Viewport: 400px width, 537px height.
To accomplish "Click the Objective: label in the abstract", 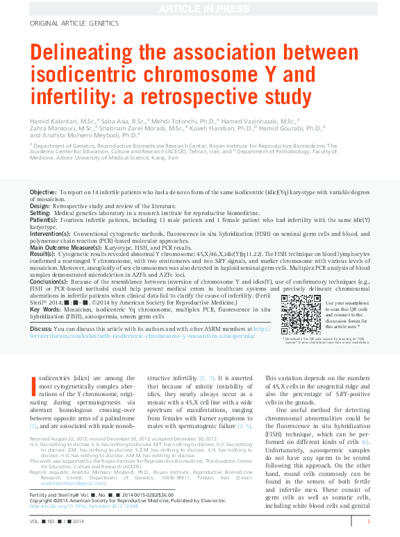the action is (x=43, y=191).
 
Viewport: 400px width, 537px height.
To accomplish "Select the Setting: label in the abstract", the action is (x=41, y=213).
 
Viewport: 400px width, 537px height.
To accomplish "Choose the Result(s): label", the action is (x=43, y=253).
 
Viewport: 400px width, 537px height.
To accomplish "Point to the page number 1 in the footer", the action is (x=368, y=521).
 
